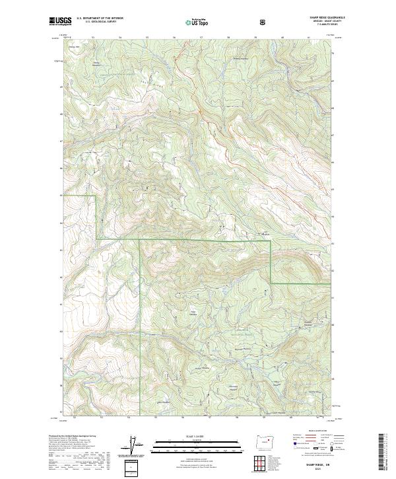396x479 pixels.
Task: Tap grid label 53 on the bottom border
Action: point(101,417)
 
